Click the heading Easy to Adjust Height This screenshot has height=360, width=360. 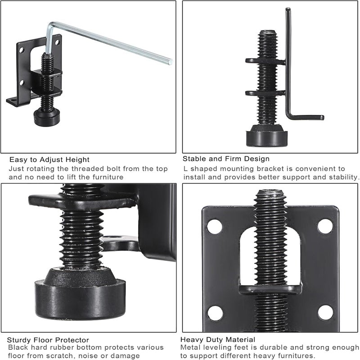click(x=49, y=159)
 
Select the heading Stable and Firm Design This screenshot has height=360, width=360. click(x=226, y=159)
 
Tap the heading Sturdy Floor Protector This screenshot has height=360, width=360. click(x=48, y=340)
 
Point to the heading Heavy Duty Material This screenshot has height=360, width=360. click(x=218, y=339)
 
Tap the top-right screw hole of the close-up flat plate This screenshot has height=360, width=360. click(x=325, y=226)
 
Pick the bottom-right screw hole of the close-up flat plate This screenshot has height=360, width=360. click(x=324, y=312)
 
